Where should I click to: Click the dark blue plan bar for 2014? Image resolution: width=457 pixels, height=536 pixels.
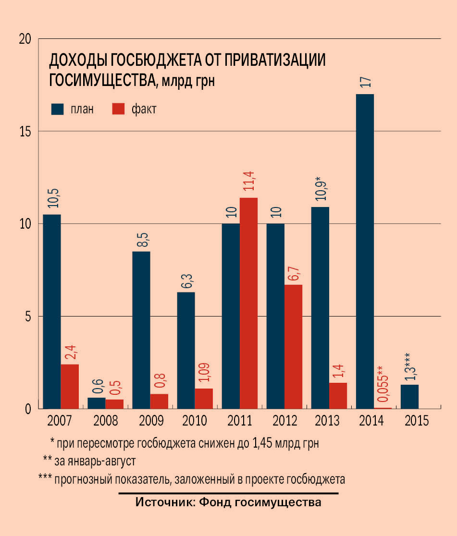365,251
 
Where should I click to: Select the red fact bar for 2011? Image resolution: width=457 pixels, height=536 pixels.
248,303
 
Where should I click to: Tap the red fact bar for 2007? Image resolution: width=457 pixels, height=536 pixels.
70,386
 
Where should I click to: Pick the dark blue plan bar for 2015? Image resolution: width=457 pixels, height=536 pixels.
409,397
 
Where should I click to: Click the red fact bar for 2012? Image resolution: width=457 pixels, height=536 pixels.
293,346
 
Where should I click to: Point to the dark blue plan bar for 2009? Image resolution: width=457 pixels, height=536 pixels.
141,330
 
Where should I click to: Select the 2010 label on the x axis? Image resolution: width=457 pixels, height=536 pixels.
195,421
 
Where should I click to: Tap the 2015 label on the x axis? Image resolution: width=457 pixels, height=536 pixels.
417,421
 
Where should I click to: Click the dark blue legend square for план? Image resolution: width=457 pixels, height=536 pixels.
57,110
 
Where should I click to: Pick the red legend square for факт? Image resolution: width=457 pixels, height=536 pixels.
118,110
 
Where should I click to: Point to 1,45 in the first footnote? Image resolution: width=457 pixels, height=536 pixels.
263,442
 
